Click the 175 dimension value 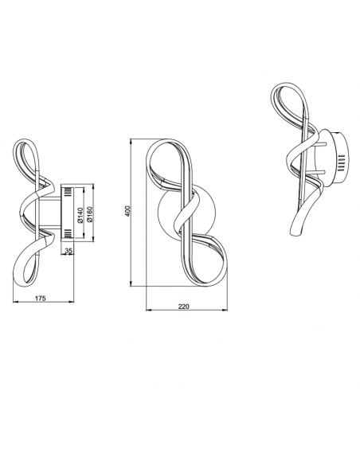pyautogui.click(x=41, y=299)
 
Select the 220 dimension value pyautogui.click(x=183, y=307)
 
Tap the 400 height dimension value pyautogui.click(x=127, y=211)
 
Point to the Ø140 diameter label pyautogui.click(x=80, y=216)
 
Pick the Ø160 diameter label pyautogui.click(x=90, y=214)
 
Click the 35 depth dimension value pyautogui.click(x=68, y=251)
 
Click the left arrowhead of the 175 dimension pyautogui.click(x=14, y=302)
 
